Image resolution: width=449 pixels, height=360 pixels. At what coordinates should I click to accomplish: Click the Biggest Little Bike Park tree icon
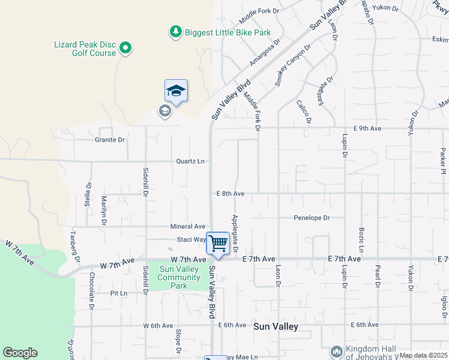(x=175, y=32)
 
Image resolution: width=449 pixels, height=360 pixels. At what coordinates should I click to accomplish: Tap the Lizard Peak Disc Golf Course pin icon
(x=125, y=47)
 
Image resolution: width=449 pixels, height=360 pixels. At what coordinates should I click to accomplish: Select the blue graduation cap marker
(x=176, y=91)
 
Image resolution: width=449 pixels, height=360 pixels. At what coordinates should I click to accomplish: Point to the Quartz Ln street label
(x=190, y=161)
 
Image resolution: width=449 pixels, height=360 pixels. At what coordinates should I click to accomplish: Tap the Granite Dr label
(x=110, y=140)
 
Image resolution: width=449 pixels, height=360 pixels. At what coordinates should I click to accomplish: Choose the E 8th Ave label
(x=231, y=194)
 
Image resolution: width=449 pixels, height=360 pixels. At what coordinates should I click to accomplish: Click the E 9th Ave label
(x=367, y=128)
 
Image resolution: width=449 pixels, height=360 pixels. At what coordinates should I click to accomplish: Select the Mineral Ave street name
(x=187, y=227)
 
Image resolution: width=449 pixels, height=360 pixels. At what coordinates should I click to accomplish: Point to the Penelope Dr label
(x=312, y=218)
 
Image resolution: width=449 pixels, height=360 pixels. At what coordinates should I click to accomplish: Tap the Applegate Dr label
(x=235, y=233)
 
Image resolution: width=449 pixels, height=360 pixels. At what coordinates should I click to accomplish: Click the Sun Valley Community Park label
(x=179, y=277)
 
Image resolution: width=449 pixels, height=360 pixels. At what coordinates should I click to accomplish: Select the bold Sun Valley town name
(x=276, y=326)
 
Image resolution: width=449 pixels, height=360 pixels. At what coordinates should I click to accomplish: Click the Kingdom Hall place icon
(x=336, y=351)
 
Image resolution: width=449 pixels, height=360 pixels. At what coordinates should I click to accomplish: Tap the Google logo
(x=20, y=353)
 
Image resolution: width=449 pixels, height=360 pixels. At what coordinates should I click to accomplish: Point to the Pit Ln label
(x=119, y=293)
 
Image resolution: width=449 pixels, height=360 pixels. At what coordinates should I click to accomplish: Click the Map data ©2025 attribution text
(x=423, y=355)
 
